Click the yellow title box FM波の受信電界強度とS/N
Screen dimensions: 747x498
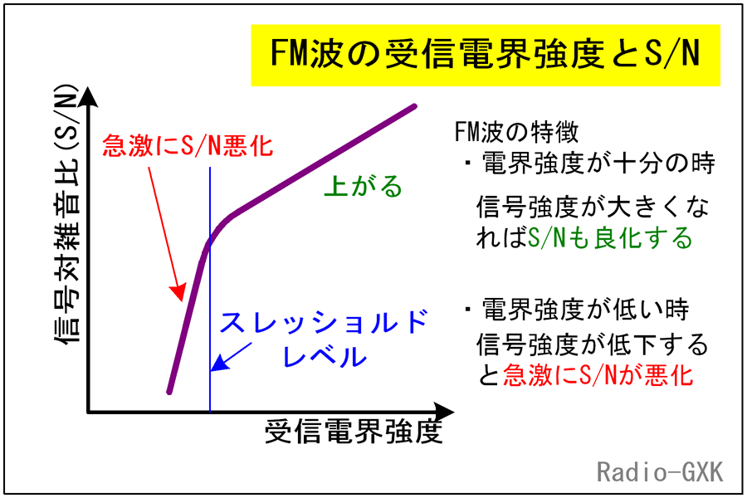pos(486,56)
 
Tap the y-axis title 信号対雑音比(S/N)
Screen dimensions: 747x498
pos(66,215)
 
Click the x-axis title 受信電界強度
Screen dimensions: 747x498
pos(354,432)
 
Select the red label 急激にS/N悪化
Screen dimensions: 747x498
pos(188,145)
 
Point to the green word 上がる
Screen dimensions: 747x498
pos(364,186)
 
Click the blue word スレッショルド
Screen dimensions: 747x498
pos(324,322)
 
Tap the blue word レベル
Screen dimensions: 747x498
pos(325,355)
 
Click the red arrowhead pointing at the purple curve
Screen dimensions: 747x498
pos(178,292)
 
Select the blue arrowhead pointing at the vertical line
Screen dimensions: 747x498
pos(218,364)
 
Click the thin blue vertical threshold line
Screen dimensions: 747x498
pos(210,290)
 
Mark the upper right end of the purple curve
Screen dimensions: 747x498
pos(414,106)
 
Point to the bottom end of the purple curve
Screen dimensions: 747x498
pos(169,392)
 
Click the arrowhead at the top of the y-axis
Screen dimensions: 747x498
pos(88,97)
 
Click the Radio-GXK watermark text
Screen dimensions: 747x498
pos(660,471)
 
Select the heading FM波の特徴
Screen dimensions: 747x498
pos(516,132)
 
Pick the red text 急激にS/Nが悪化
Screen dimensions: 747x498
pos(598,374)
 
